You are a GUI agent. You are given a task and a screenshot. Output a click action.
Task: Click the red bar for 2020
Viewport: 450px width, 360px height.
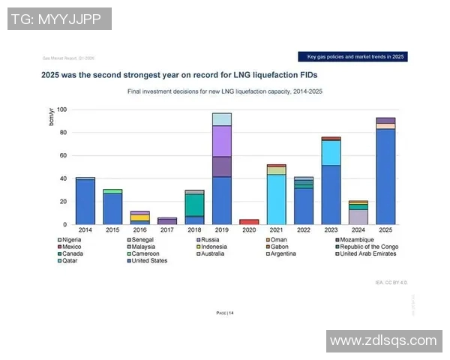249,222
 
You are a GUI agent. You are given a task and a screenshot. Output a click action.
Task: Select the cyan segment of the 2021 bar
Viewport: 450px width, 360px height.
276,199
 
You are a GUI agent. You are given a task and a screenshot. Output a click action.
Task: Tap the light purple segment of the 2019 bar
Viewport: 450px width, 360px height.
221,141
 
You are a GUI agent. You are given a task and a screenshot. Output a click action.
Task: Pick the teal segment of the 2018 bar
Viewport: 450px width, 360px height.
194,205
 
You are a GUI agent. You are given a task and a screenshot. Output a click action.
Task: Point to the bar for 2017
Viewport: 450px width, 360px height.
167,221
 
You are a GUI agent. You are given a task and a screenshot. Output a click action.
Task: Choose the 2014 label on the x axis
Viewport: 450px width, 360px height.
85,230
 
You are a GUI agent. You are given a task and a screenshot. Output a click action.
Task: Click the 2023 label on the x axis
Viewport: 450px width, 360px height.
331,230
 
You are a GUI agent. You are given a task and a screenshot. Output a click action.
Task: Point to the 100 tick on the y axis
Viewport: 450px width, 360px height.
61,110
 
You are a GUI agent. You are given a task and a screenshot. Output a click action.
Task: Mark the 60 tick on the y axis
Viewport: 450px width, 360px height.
63,156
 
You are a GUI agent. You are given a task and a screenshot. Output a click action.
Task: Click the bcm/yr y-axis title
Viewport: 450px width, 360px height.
52,118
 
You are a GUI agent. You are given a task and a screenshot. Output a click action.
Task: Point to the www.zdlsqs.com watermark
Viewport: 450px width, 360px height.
383,340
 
